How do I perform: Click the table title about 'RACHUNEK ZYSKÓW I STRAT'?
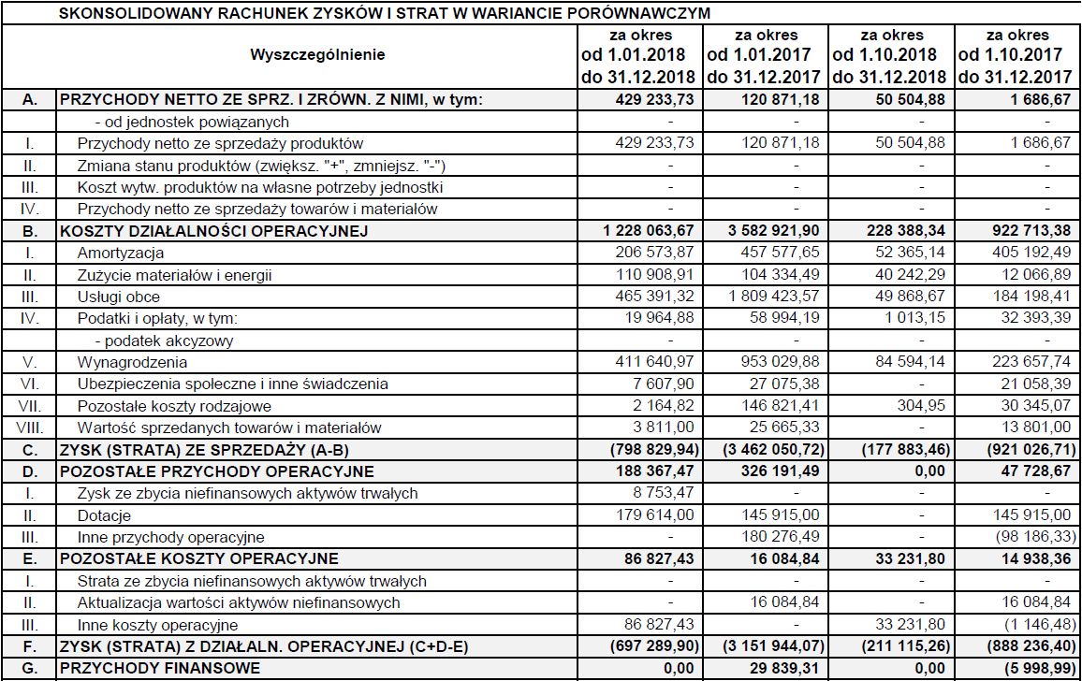(384, 13)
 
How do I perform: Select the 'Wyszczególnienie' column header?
(317, 55)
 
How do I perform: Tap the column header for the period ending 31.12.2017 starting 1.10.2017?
(1016, 55)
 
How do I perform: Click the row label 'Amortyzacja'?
(121, 254)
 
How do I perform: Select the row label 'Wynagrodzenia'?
(132, 363)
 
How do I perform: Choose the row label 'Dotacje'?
(104, 515)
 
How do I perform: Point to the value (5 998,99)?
(1026, 669)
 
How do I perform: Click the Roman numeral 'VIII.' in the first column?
(30, 428)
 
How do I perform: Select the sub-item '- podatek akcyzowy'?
(164, 340)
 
